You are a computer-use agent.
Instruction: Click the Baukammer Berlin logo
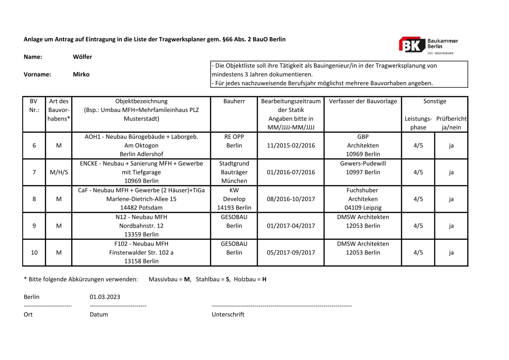[428, 45]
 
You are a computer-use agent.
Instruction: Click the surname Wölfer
[82, 57]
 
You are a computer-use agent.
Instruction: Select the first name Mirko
[81, 74]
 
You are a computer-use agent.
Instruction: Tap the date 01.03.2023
[105, 297]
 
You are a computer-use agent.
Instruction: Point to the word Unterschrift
[228, 314]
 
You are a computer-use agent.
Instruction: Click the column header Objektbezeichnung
[141, 101]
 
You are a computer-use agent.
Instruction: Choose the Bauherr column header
[234, 101]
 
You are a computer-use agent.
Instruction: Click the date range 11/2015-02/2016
[291, 146]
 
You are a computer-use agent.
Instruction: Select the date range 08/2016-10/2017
[291, 199]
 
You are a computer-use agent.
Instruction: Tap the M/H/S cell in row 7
[58, 172]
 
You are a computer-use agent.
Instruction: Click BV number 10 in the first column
[34, 253]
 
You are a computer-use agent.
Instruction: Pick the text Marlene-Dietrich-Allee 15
[141, 199]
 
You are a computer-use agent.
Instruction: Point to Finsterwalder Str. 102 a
[141, 253]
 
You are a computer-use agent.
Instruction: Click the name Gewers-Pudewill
[363, 163]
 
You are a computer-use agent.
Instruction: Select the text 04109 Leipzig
[363, 208]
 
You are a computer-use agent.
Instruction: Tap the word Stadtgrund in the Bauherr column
[234, 163]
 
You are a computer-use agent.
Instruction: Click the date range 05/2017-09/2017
[291, 253]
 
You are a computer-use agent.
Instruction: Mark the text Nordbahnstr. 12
[141, 226]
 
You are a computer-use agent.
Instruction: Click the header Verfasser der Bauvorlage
[363, 101]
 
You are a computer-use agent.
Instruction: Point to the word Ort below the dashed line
[29, 314]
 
